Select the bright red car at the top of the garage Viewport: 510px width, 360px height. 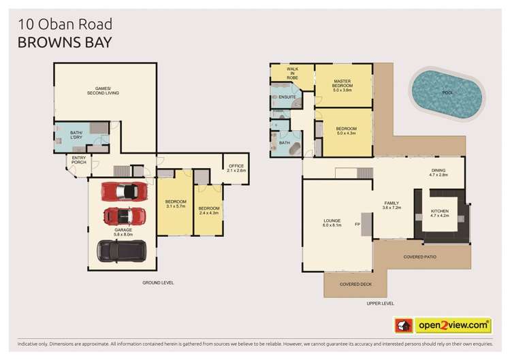pyautogui.click(x=124, y=191)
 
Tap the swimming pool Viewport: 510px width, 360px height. pyautogui.click(x=447, y=92)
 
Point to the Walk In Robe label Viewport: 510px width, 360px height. pyautogui.click(x=292, y=73)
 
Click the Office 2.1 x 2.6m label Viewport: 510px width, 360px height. pyautogui.click(x=236, y=168)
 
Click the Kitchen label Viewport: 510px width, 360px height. pyautogui.click(x=440, y=214)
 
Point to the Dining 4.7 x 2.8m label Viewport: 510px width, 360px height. pyautogui.click(x=439, y=173)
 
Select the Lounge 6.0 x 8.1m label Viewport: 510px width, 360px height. pyautogui.click(x=336, y=223)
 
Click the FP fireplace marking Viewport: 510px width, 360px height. pyautogui.click(x=357, y=224)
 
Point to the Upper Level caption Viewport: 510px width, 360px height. pyautogui.click(x=380, y=304)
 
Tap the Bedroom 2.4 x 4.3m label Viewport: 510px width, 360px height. pyautogui.click(x=209, y=210)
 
